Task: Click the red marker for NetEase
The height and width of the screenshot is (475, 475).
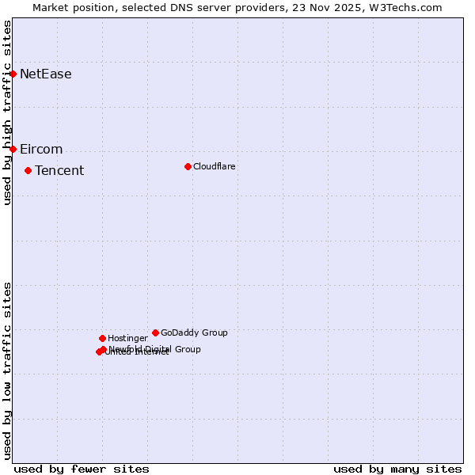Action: [13, 74]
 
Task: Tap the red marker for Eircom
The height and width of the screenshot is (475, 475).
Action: [13, 149]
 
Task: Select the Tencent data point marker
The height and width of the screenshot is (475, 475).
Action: [28, 170]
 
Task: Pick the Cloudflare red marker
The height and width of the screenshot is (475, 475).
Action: [188, 166]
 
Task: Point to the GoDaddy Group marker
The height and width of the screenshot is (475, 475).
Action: [155, 332]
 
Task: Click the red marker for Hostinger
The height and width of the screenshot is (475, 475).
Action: [102, 338]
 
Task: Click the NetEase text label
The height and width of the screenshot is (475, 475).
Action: [46, 74]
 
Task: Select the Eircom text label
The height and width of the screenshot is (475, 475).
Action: [41, 150]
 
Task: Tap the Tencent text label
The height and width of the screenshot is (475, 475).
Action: [59, 171]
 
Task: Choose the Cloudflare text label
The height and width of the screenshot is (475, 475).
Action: [215, 167]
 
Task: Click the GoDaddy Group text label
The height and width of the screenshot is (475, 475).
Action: [194, 333]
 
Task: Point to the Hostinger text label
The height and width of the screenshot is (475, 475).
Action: [127, 339]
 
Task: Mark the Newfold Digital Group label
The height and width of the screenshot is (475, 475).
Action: [155, 349]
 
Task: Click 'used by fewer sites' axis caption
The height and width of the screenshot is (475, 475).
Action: [82, 469]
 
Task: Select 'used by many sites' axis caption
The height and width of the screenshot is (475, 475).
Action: [397, 469]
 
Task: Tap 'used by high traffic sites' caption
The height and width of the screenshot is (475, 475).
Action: [8, 112]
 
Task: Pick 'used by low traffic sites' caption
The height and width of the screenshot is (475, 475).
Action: [8, 370]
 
